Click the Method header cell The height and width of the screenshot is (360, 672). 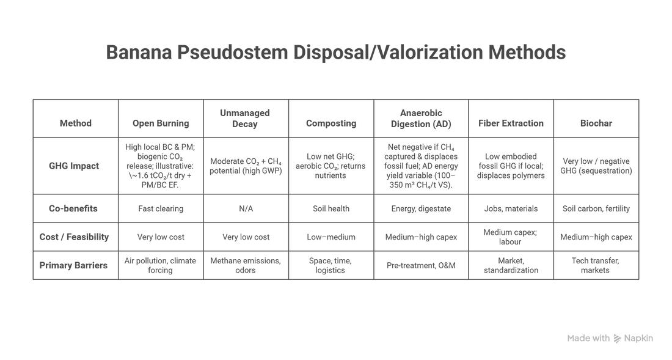pos(76,123)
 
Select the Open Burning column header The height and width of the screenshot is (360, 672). pos(161,123)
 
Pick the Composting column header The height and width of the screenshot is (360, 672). pos(331,123)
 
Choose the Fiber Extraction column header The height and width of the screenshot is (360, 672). pos(511,123)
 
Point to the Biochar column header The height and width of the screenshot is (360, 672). pos(596,123)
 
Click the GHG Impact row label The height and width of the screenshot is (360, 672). pos(76,165)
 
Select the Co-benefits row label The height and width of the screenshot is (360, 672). pos(76,208)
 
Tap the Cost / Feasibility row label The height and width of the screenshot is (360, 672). pos(76,237)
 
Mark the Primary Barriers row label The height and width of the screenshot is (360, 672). pos(76,266)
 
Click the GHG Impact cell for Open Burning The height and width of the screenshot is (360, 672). pos(161,165)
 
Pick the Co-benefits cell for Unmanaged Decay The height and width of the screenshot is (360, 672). pos(246,208)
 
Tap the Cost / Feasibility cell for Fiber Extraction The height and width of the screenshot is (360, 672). pos(511,237)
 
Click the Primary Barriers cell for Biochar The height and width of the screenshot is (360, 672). pos(596,266)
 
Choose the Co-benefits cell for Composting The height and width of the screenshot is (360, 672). pos(331,208)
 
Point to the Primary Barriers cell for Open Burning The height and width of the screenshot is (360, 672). pos(161,266)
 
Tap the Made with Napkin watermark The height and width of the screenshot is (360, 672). pos(610,338)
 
